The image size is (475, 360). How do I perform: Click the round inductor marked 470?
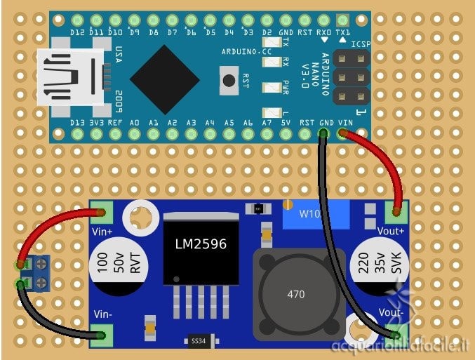(x=295, y=294)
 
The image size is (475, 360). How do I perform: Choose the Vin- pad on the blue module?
(x=103, y=335)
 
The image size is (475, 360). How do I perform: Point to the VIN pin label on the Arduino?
(x=345, y=122)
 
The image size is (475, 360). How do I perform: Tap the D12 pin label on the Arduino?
(x=78, y=32)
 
